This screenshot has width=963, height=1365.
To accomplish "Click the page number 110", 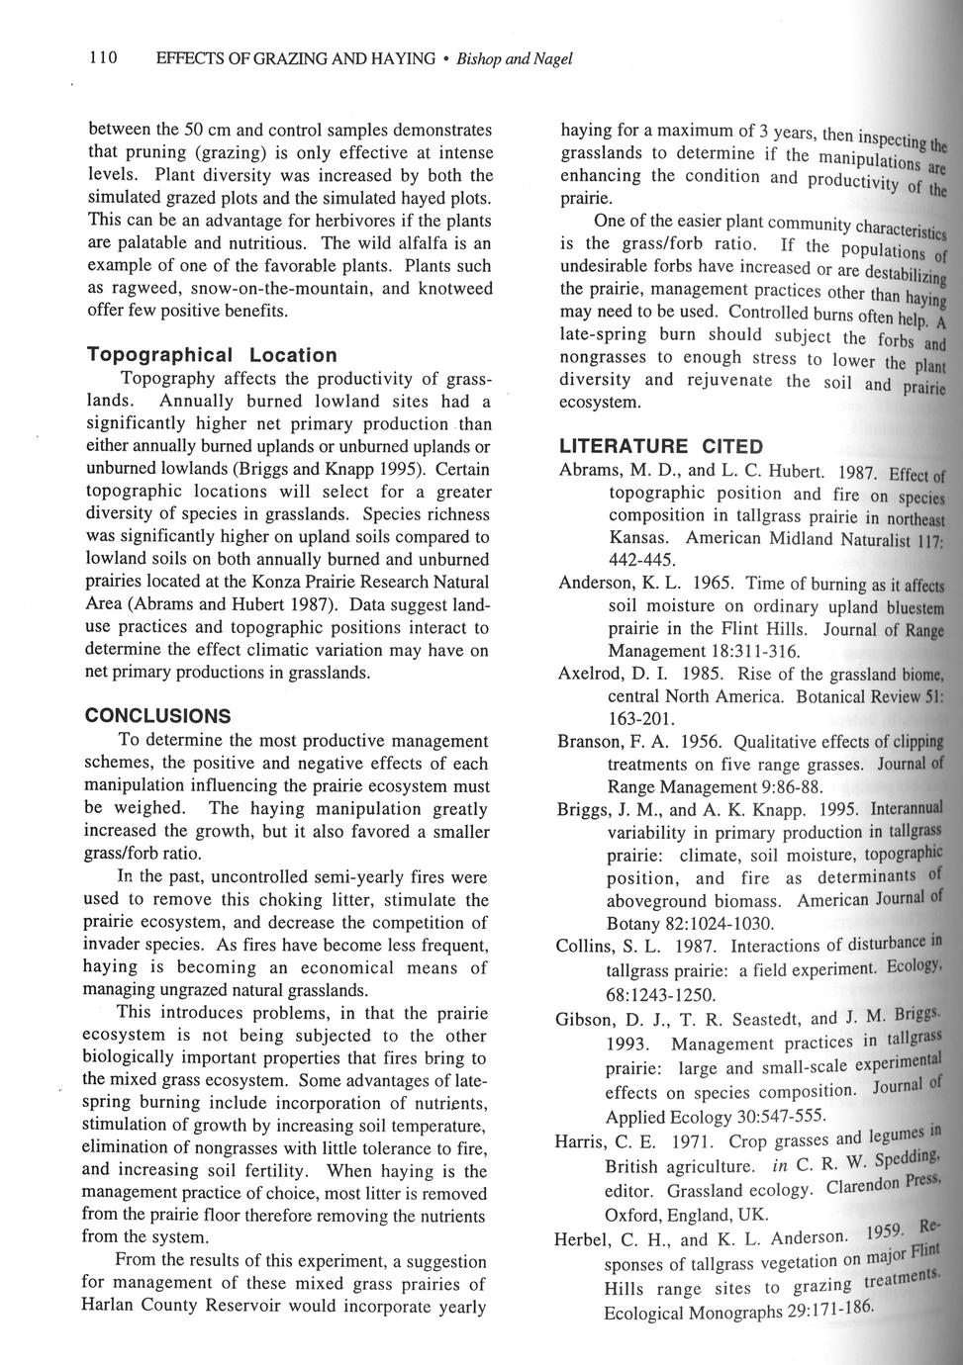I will (x=104, y=59).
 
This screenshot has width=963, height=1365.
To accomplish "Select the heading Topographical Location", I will (x=212, y=354).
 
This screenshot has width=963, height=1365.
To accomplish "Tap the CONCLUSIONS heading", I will (x=157, y=716).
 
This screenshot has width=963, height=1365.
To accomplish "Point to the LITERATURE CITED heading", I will (x=661, y=447).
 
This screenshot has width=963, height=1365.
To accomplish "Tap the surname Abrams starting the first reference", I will (x=590, y=471).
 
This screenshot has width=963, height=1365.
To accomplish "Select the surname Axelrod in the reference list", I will (x=592, y=675).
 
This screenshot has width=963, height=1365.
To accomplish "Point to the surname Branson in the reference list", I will (x=594, y=742).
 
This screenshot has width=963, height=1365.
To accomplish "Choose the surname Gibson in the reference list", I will (x=590, y=1020).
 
